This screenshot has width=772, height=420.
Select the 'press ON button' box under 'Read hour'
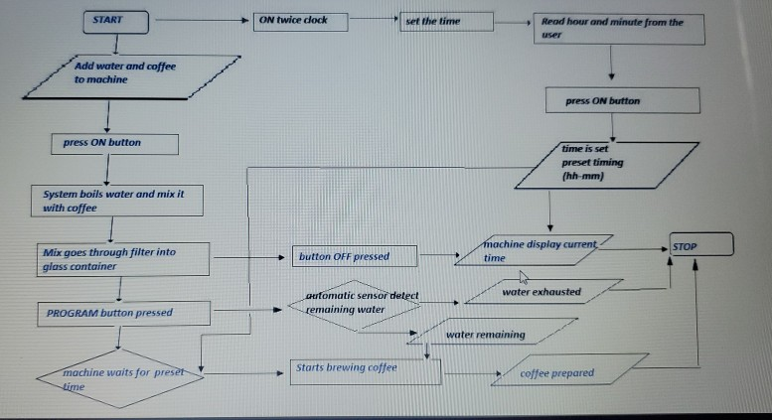622,101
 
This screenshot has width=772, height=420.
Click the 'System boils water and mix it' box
119,201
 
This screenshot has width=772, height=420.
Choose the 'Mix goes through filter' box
122,259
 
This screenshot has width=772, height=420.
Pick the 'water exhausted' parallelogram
541,293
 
